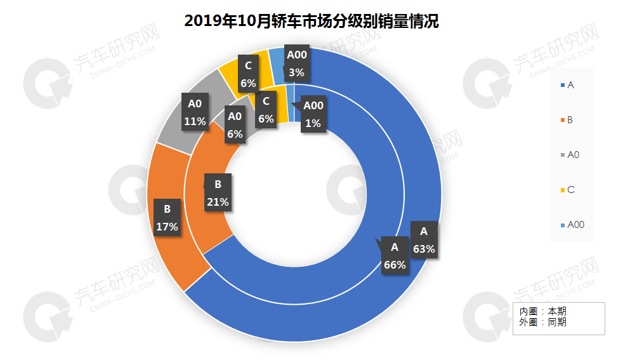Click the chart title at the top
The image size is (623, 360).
pyautogui.click(x=311, y=22)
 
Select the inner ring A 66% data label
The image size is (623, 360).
pyautogui.click(x=394, y=256)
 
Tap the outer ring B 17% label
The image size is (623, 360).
pyautogui.click(x=167, y=217)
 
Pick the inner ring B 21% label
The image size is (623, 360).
pyautogui.click(x=218, y=193)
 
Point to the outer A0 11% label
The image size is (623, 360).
pyautogui.click(x=195, y=112)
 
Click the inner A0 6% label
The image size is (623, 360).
pyautogui.click(x=235, y=124)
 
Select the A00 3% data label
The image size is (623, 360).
pyautogui.click(x=296, y=63)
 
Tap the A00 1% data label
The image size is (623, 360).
pyautogui.click(x=313, y=114)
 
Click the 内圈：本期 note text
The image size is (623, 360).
pyautogui.click(x=543, y=312)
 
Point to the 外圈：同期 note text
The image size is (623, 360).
pyautogui.click(x=543, y=322)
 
